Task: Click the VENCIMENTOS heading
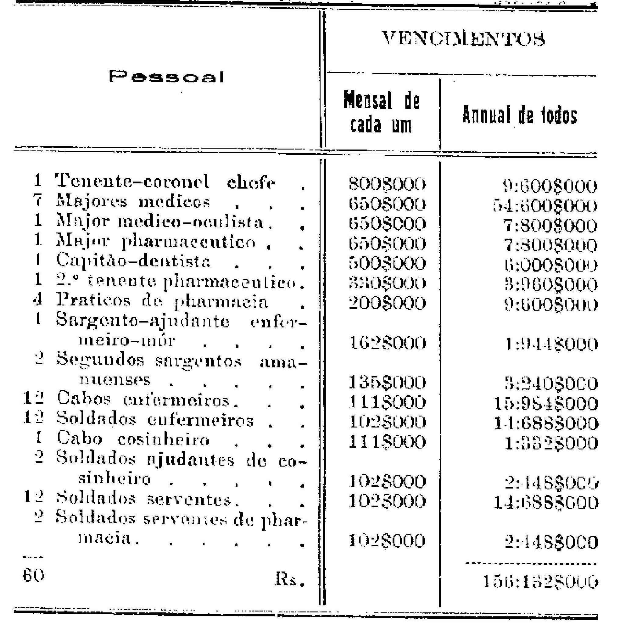pyautogui.click(x=463, y=39)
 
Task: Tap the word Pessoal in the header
pyautogui.click(x=167, y=77)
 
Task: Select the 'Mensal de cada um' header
pyautogui.click(x=381, y=112)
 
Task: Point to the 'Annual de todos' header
pyautogui.click(x=520, y=115)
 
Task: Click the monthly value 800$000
pyautogui.click(x=387, y=184)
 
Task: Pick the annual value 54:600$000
pyautogui.click(x=545, y=206)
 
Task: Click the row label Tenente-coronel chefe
pyautogui.click(x=165, y=181)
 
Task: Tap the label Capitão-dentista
pyautogui.click(x=134, y=261)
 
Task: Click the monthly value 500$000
pyautogui.click(x=387, y=264)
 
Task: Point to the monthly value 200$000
pyautogui.click(x=387, y=303)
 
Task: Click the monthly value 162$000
pyautogui.click(x=387, y=343)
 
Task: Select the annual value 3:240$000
pyautogui.click(x=551, y=384)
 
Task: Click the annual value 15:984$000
pyautogui.click(x=546, y=404)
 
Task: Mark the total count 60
pyautogui.click(x=33, y=575)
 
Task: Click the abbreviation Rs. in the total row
pyautogui.click(x=290, y=579)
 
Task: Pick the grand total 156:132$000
pyautogui.click(x=541, y=582)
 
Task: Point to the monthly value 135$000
pyautogui.click(x=387, y=382)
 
